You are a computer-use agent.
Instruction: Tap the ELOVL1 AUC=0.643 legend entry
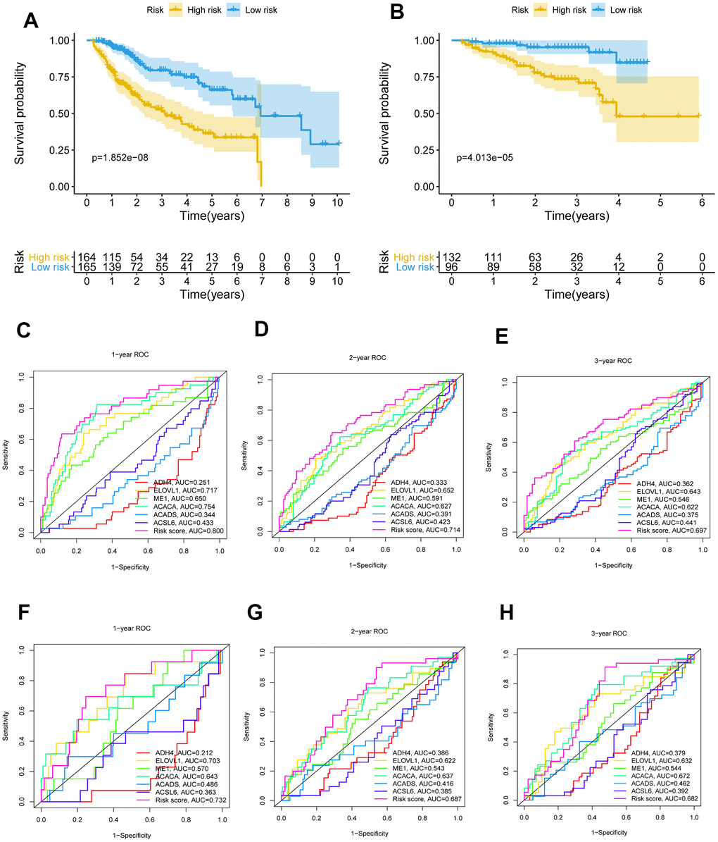647,472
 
